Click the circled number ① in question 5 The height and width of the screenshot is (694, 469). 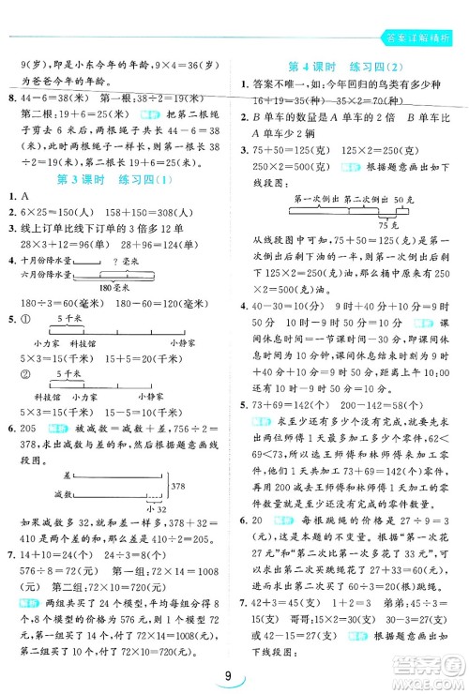pyautogui.click(x=23, y=319)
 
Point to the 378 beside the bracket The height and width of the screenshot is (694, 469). pyautogui.click(x=182, y=486)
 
